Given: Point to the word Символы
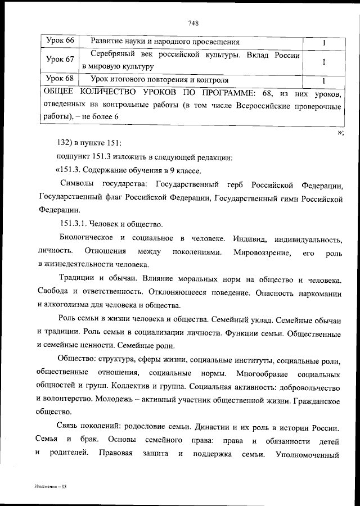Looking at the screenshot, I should click(76, 184).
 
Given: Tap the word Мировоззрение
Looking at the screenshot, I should click(263, 251).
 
